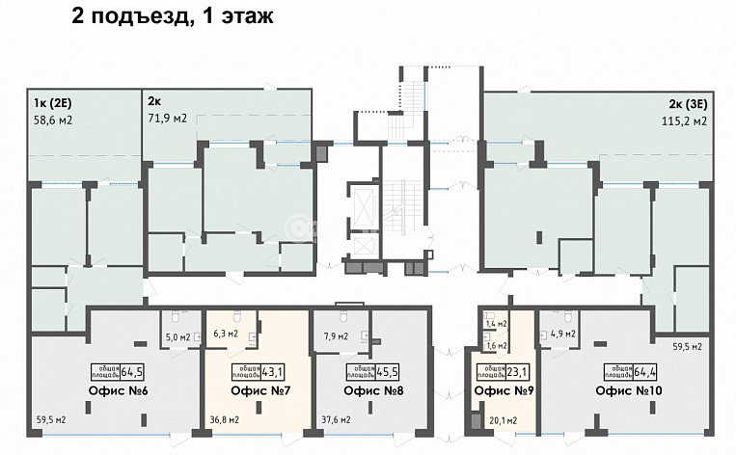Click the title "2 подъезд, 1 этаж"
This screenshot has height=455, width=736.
173,15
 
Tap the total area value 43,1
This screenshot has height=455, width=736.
272,371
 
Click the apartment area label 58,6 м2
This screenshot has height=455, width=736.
53,120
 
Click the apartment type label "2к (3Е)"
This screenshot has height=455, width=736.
687,103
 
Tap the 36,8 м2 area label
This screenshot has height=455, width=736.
223,419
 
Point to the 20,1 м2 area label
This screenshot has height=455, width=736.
502,419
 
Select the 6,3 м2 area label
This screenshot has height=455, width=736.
225,334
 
